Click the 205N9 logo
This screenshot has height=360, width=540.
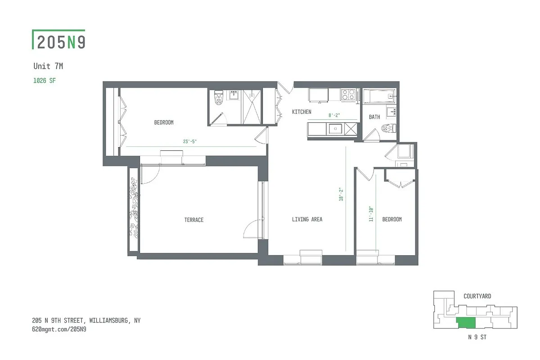(x=59, y=40)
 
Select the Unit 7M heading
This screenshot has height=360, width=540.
(x=48, y=66)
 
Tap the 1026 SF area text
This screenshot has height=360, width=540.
(x=45, y=81)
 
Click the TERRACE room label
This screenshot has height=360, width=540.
(x=193, y=220)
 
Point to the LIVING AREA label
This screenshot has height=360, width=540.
(x=307, y=220)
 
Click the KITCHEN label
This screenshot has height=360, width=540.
(x=301, y=112)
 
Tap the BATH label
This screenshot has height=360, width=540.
(x=374, y=117)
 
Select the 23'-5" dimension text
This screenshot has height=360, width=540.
(x=190, y=142)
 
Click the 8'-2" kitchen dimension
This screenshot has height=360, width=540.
(x=334, y=116)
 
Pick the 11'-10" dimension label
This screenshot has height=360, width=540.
(x=371, y=214)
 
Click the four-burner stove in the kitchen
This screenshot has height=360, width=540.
(x=349, y=94)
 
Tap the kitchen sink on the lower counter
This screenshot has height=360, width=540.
(x=335, y=129)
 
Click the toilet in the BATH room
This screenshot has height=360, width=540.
(x=388, y=129)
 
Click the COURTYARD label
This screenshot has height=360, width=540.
(x=477, y=297)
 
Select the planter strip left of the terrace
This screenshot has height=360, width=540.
(x=133, y=209)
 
